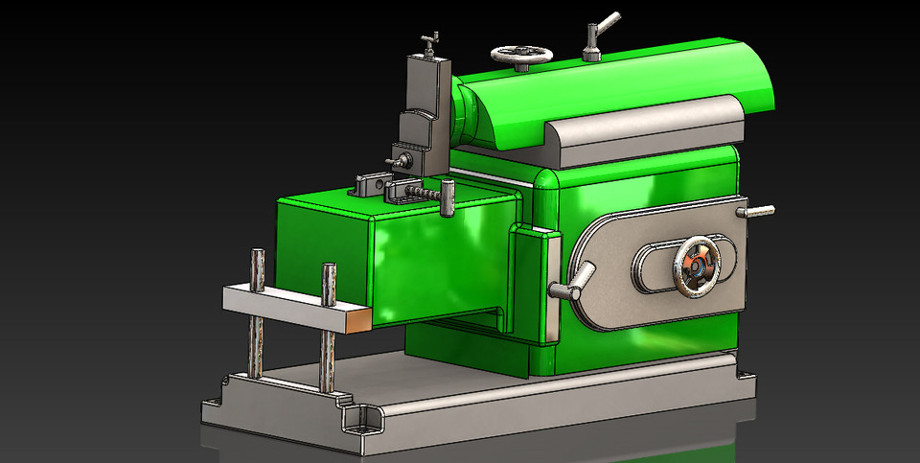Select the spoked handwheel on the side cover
(x=698, y=264)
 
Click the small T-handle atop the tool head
(x=430, y=39)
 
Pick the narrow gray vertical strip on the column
(x=553, y=288)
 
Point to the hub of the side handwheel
(x=698, y=265)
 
